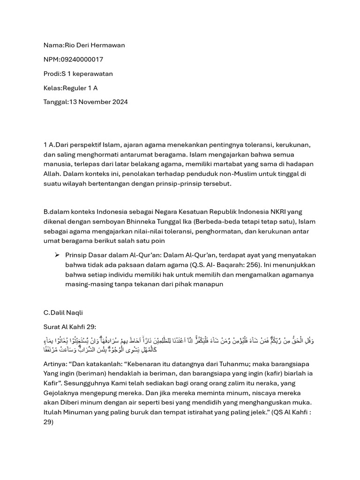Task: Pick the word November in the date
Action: pos(94,102)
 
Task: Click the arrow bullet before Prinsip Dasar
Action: pos(57,255)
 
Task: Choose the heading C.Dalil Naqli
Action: pos(63,312)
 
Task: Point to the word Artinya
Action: pos(54,364)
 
